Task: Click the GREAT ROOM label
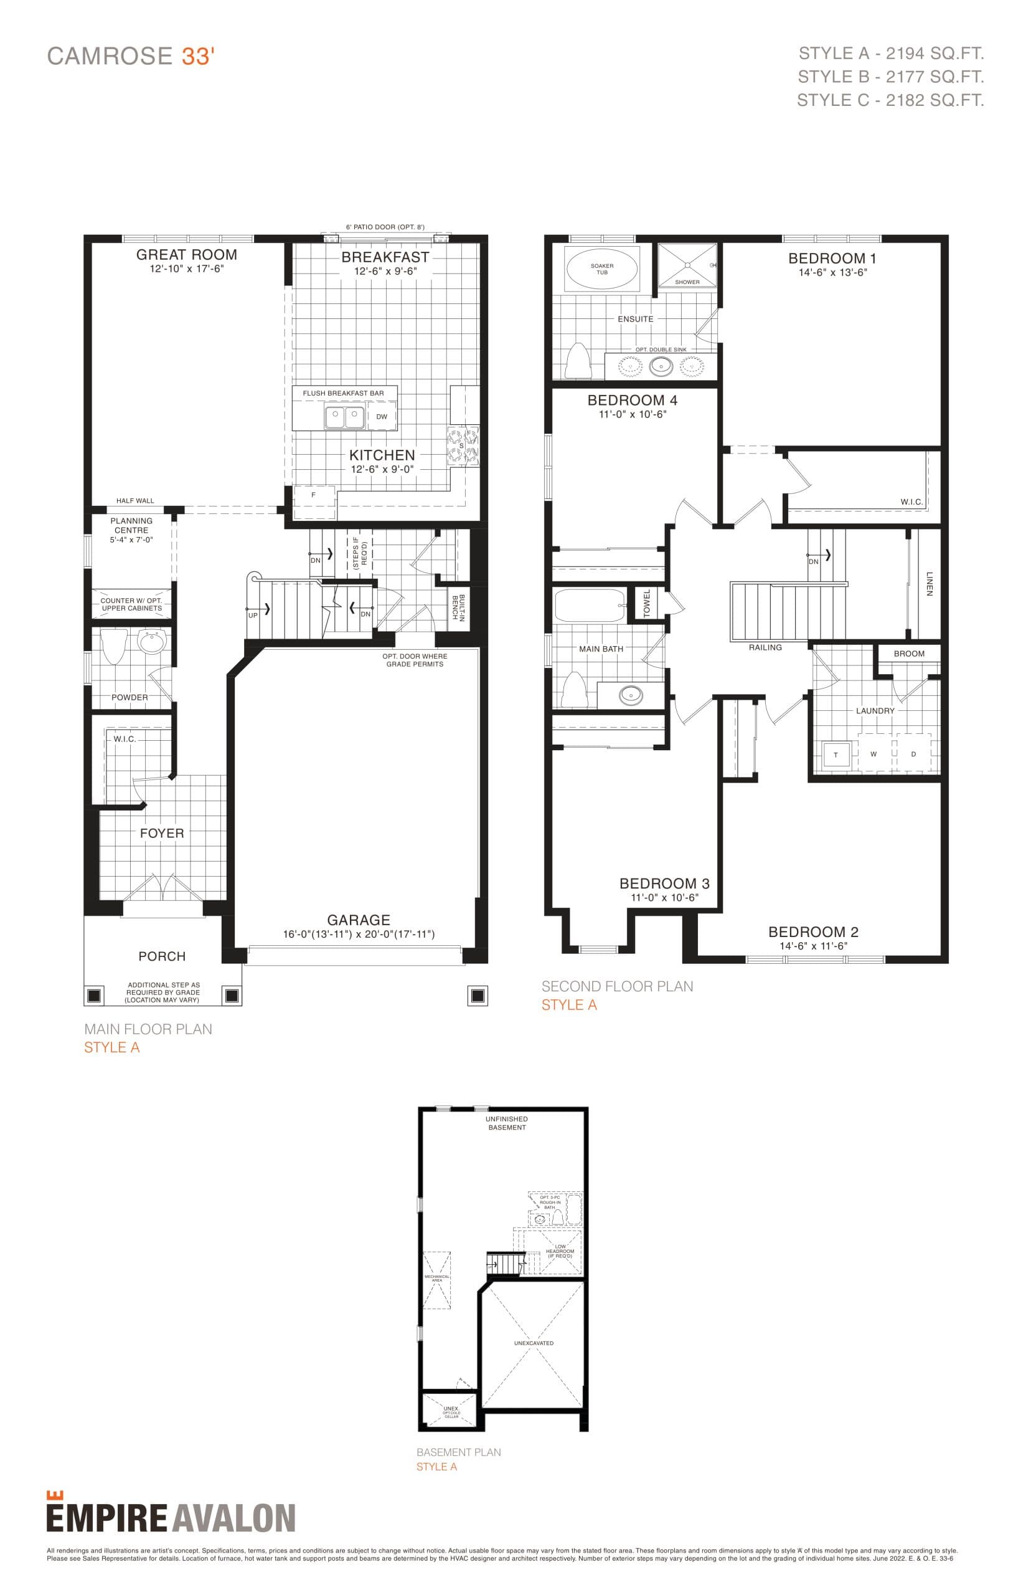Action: [186, 255]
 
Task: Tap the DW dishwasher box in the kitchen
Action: [382, 416]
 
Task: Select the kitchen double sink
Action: [344, 417]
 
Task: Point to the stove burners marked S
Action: [463, 445]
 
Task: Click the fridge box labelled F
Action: [313, 496]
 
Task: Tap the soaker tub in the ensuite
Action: [601, 269]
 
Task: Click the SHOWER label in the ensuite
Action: [687, 282]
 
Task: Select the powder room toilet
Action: [114, 645]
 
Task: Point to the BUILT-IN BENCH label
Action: [458, 607]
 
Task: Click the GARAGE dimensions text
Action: [358, 934]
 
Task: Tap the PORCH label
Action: [161, 956]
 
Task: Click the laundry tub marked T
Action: [835, 755]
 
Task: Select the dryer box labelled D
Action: [913, 754]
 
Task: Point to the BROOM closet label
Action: [908, 653]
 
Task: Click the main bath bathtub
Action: [589, 605]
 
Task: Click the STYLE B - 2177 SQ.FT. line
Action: [890, 77]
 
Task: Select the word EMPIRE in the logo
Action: [106, 1518]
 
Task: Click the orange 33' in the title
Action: [197, 56]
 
